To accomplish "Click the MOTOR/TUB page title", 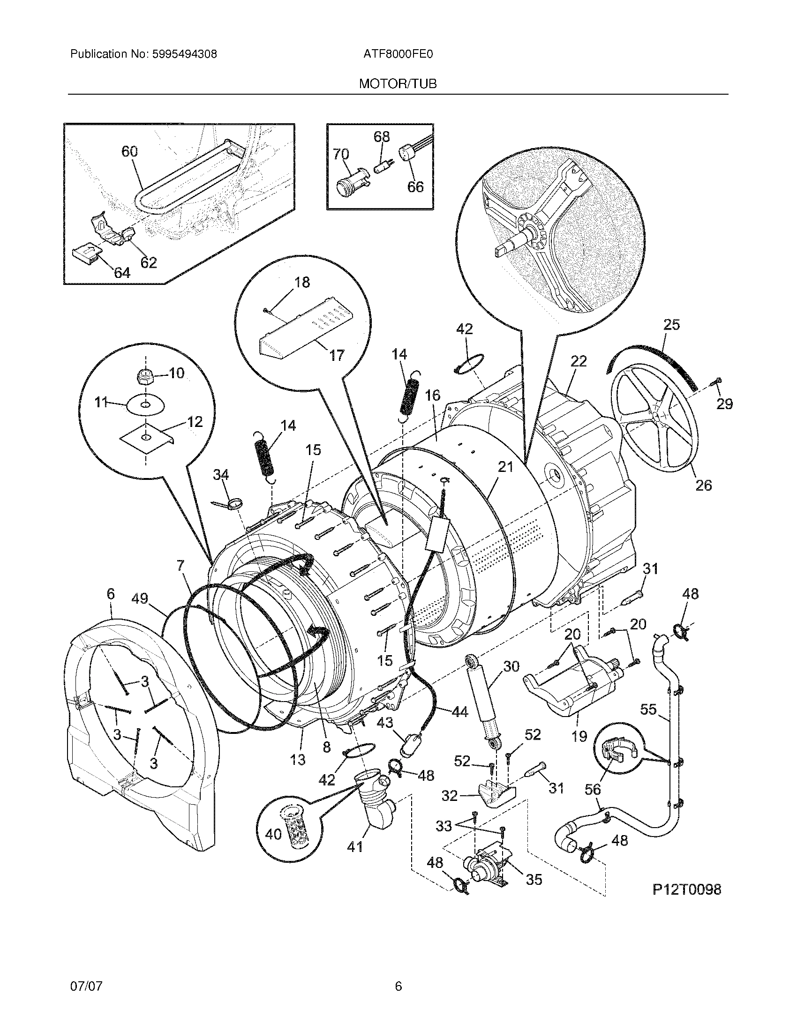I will [x=398, y=84].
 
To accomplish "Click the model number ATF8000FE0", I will [x=398, y=54].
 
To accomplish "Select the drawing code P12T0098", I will [x=686, y=890].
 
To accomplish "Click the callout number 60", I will [x=129, y=151].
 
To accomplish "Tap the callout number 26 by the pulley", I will [x=704, y=485].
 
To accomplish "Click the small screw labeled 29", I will [x=718, y=381].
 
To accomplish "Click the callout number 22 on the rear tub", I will [x=579, y=361].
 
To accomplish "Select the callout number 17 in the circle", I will [x=337, y=355].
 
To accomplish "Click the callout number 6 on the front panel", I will [x=111, y=593].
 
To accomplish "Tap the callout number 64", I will [x=121, y=272].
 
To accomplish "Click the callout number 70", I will [x=341, y=154].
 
